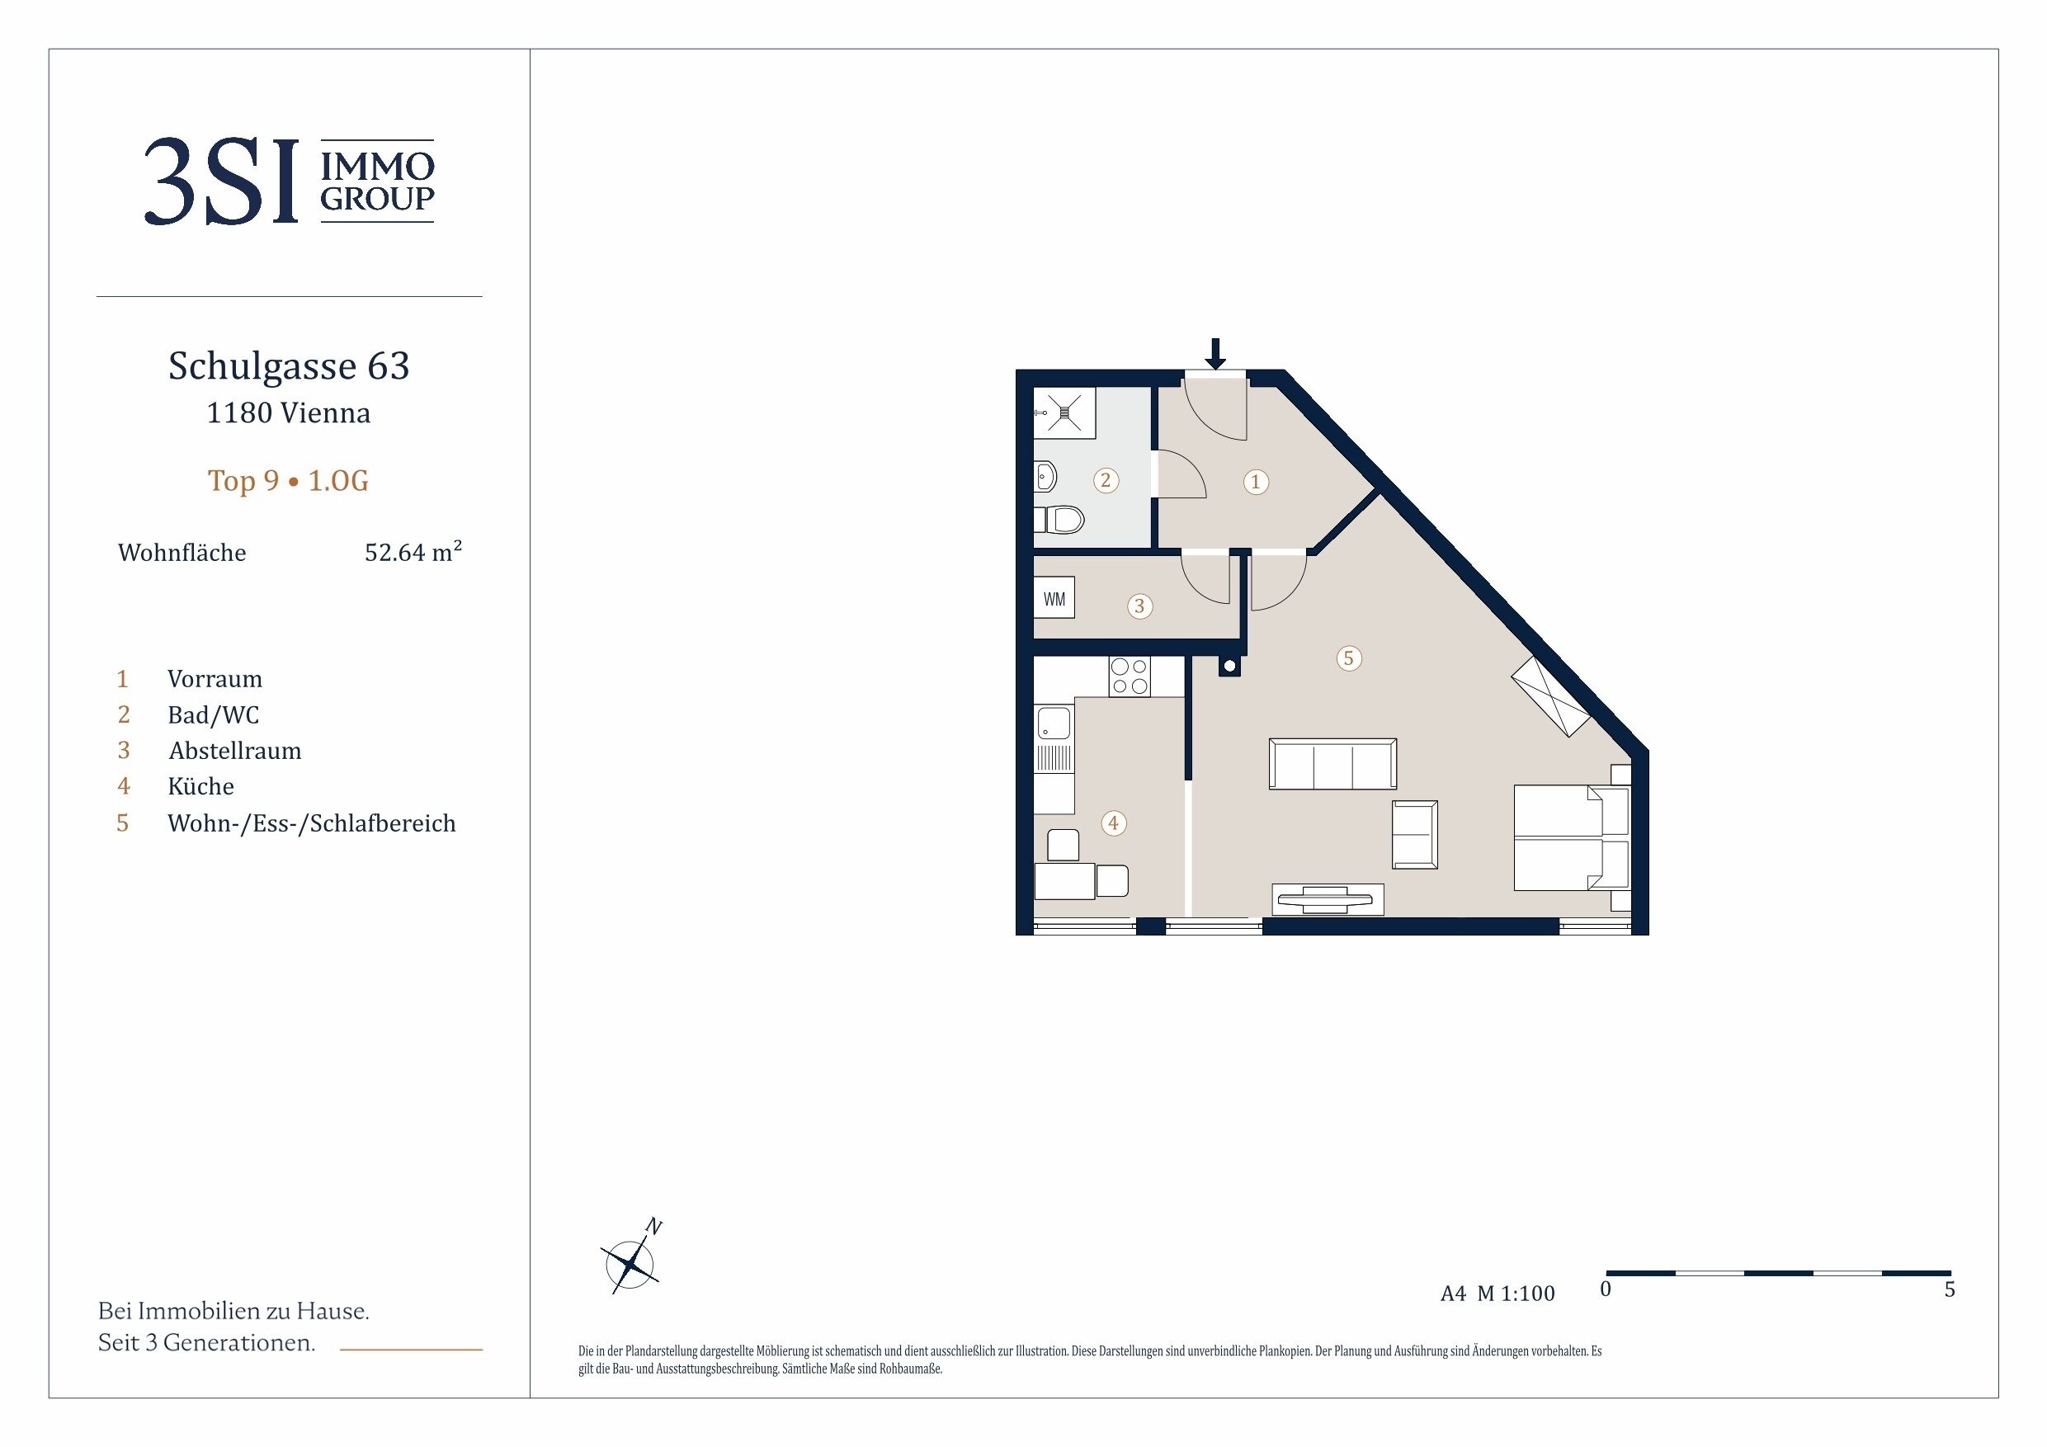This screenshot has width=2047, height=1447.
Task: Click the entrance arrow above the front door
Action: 1215,354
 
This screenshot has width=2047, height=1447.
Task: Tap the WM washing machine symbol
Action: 1054,599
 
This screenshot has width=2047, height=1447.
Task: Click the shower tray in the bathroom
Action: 1064,412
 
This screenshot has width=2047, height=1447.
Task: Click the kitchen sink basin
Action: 1054,723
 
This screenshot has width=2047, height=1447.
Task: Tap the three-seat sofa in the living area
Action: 1332,764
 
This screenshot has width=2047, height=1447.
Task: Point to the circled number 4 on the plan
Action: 1113,822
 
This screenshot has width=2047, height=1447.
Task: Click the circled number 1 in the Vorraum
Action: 1255,483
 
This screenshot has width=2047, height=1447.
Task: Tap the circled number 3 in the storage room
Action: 1139,606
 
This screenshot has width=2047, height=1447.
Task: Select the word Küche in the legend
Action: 200,786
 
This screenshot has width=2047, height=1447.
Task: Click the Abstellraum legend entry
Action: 235,751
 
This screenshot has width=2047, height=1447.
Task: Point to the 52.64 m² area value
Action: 413,552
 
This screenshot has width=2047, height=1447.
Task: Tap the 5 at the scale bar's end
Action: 1950,1289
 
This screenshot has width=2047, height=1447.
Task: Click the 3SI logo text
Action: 220,181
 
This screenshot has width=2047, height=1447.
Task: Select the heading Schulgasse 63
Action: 289,365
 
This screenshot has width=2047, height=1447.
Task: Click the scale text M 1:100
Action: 1516,1294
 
